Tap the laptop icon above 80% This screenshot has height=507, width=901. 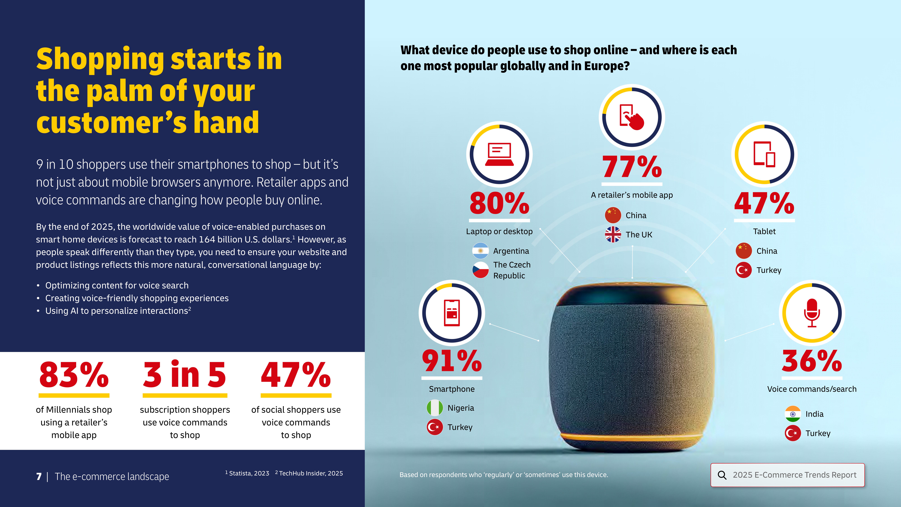499,154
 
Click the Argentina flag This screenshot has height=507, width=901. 480,251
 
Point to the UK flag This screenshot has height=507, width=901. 613,234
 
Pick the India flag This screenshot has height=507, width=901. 793,414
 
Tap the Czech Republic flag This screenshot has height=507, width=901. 480,270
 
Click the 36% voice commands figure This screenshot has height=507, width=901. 811,361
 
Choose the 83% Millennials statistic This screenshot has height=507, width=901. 74,375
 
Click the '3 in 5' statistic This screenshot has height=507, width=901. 185,375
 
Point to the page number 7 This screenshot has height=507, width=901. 39,477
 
